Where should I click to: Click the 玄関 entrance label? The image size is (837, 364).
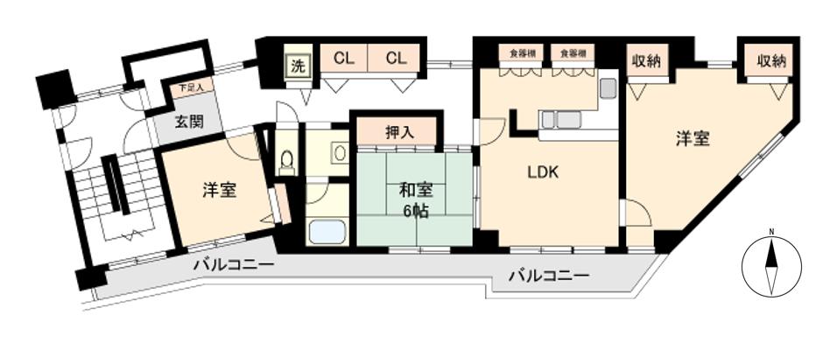click(x=187, y=121)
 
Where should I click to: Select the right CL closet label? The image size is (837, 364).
click(x=396, y=59)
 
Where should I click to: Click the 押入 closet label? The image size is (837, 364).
click(x=398, y=132)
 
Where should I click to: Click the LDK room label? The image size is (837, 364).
click(x=543, y=171)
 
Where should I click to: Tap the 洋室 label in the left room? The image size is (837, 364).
click(x=219, y=190)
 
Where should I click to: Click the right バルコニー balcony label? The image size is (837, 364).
click(x=548, y=276)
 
